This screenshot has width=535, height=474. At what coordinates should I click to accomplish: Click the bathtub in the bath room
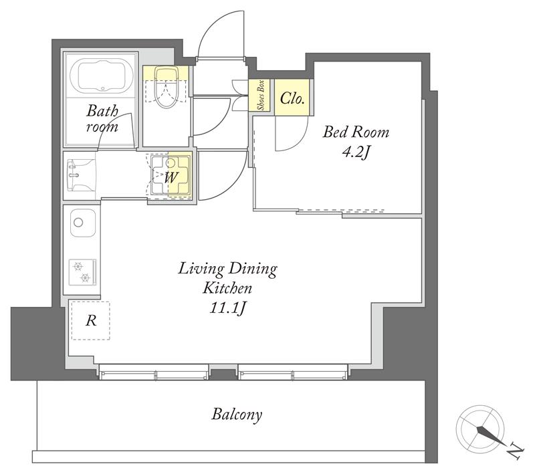click(102, 76)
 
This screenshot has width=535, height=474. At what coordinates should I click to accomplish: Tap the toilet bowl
click(166, 88)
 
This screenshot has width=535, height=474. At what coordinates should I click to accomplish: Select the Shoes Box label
click(261, 95)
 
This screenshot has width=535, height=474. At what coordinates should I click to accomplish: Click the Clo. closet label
click(292, 98)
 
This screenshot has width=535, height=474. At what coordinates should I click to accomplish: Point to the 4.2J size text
click(356, 152)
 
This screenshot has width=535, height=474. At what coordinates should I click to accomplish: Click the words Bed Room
click(356, 132)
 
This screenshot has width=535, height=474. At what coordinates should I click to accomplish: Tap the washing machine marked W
click(171, 175)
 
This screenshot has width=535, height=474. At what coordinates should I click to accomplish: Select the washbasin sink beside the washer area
click(81, 175)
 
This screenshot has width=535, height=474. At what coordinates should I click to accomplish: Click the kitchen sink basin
click(83, 223)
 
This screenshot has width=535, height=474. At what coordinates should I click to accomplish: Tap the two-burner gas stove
click(82, 272)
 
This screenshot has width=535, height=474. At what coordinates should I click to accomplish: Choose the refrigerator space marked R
click(90, 320)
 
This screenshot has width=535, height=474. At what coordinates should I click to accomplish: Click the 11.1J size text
click(227, 308)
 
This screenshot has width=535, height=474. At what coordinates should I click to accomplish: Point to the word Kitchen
click(227, 289)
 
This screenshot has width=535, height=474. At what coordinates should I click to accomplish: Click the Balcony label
click(237, 414)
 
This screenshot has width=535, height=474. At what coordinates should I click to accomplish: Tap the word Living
click(201, 269)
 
